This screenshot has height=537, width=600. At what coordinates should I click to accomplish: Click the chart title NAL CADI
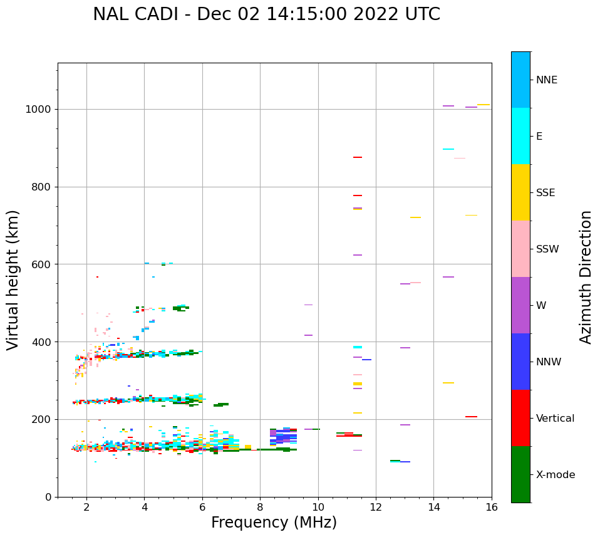pyautogui.click(x=266, y=14)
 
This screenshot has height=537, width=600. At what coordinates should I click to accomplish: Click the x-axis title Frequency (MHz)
pyautogui.click(x=274, y=523)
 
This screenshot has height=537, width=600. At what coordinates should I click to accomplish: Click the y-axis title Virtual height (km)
pyautogui.click(x=13, y=279)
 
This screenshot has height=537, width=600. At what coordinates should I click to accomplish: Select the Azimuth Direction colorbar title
pyautogui.click(x=586, y=277)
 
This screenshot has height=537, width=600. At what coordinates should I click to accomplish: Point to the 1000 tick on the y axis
pyautogui.click(x=40, y=110)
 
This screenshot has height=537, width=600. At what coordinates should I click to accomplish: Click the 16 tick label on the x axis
pyautogui.click(x=492, y=507)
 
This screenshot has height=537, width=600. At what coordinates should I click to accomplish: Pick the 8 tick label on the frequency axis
pyautogui.click(x=260, y=507)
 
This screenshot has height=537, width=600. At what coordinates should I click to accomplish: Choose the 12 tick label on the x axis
pyautogui.click(x=376, y=507)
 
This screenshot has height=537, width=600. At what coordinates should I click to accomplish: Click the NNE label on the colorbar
pyautogui.click(x=546, y=80)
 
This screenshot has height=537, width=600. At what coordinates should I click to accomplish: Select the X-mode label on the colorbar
pyautogui.click(x=555, y=475)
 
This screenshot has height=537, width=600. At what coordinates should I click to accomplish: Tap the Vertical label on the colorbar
pyautogui.click(x=556, y=419)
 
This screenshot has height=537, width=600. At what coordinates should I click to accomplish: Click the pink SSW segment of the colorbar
pyautogui.click(x=520, y=249)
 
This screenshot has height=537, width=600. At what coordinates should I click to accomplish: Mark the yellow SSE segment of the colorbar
pyautogui.click(x=520, y=192)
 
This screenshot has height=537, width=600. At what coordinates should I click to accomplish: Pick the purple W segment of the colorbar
pyautogui.click(x=520, y=305)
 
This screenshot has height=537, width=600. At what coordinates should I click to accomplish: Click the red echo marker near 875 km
pyautogui.click(x=358, y=157)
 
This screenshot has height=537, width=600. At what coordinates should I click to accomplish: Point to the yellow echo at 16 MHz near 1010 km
pyautogui.click(x=484, y=105)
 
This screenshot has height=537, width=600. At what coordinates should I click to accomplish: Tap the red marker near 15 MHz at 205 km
pyautogui.click(x=471, y=417)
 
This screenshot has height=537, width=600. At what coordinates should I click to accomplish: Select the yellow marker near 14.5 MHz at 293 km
pyautogui.click(x=448, y=383)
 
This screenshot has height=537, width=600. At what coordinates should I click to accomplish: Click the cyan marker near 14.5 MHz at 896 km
pyautogui.click(x=448, y=149)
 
